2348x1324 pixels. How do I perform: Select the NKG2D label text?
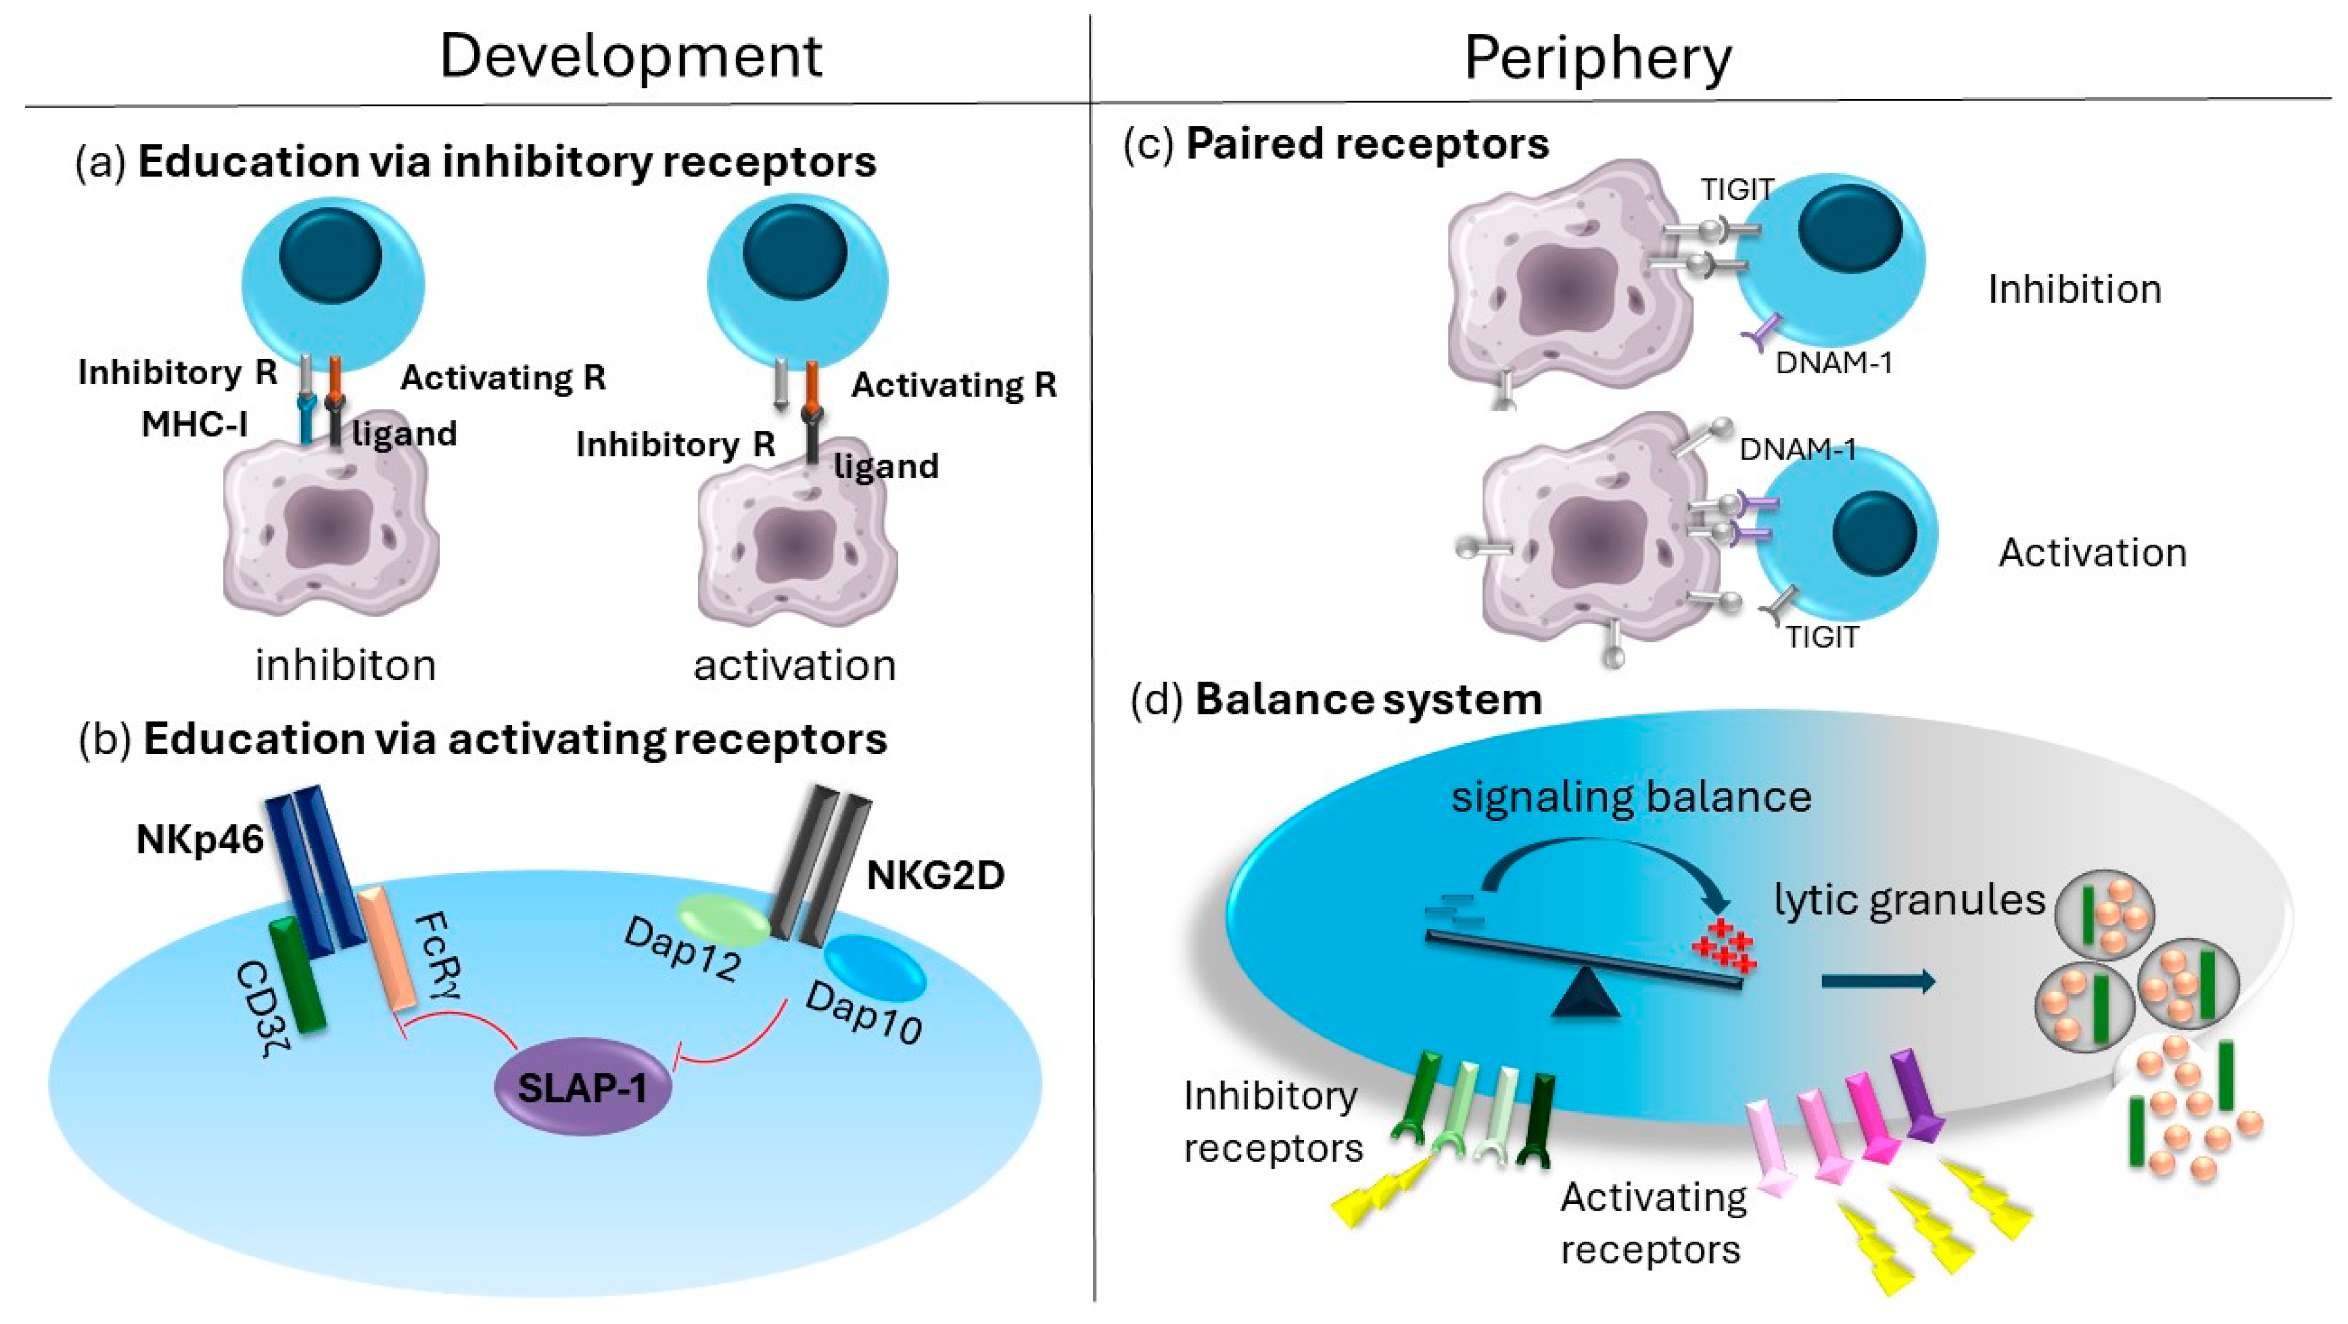(935, 875)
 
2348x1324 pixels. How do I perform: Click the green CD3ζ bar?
(297, 975)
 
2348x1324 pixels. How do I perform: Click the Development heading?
(631, 56)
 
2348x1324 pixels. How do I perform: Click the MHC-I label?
(194, 424)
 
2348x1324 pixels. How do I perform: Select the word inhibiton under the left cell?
(346, 665)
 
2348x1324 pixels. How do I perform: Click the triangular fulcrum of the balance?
(1584, 993)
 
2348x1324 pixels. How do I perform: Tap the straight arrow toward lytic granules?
(1877, 981)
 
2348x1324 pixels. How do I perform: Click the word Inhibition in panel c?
(2075, 290)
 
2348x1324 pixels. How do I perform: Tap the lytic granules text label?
(1910, 900)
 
